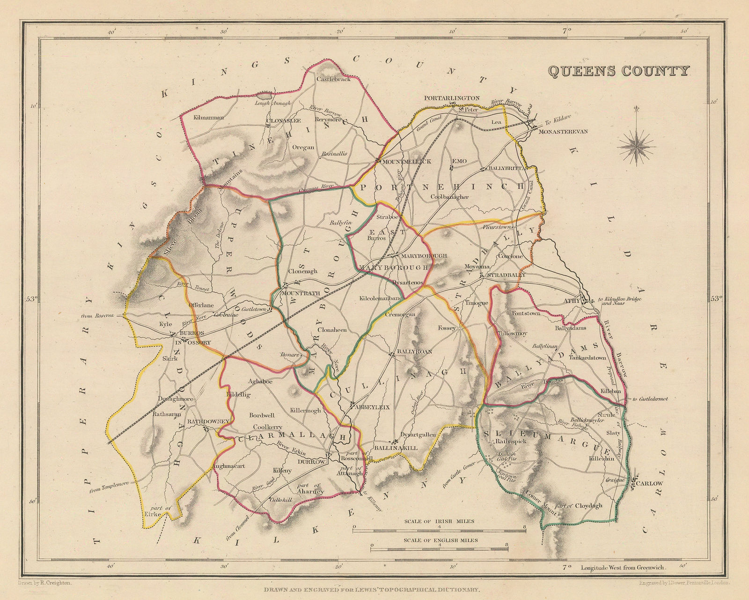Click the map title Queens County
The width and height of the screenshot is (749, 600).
pyautogui.click(x=618, y=71)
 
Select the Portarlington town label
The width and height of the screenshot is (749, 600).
pyautogui.click(x=452, y=98)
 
